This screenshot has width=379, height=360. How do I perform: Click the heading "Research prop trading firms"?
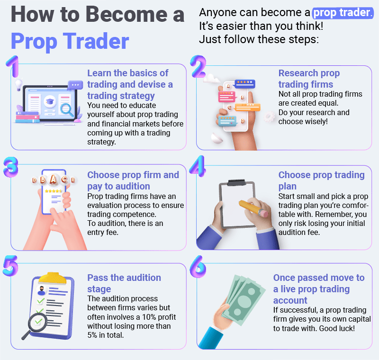point(309,79)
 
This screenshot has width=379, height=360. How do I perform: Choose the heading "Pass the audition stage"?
point(124,283)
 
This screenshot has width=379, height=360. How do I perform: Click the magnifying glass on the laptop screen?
point(68,110)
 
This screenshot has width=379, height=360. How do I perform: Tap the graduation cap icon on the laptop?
point(49,101)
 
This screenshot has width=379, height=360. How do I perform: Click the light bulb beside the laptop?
point(18,84)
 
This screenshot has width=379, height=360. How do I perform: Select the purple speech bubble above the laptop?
point(75,85)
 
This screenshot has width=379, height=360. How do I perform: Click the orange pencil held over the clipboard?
point(253,209)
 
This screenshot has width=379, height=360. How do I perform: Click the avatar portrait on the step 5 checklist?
point(41,289)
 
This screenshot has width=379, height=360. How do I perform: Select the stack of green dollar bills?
point(242,298)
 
